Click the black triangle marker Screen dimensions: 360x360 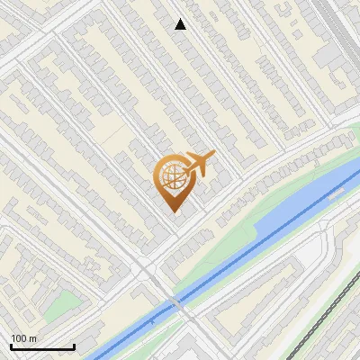(181, 24)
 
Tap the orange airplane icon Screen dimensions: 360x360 (197, 165)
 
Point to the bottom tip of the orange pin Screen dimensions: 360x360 (172, 211)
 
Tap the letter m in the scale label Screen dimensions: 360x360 (33, 338)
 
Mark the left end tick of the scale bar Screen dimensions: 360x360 (11, 346)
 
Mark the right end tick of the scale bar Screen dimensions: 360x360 (74, 346)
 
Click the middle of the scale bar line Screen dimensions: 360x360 (42, 348)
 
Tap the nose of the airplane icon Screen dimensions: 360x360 (212, 156)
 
